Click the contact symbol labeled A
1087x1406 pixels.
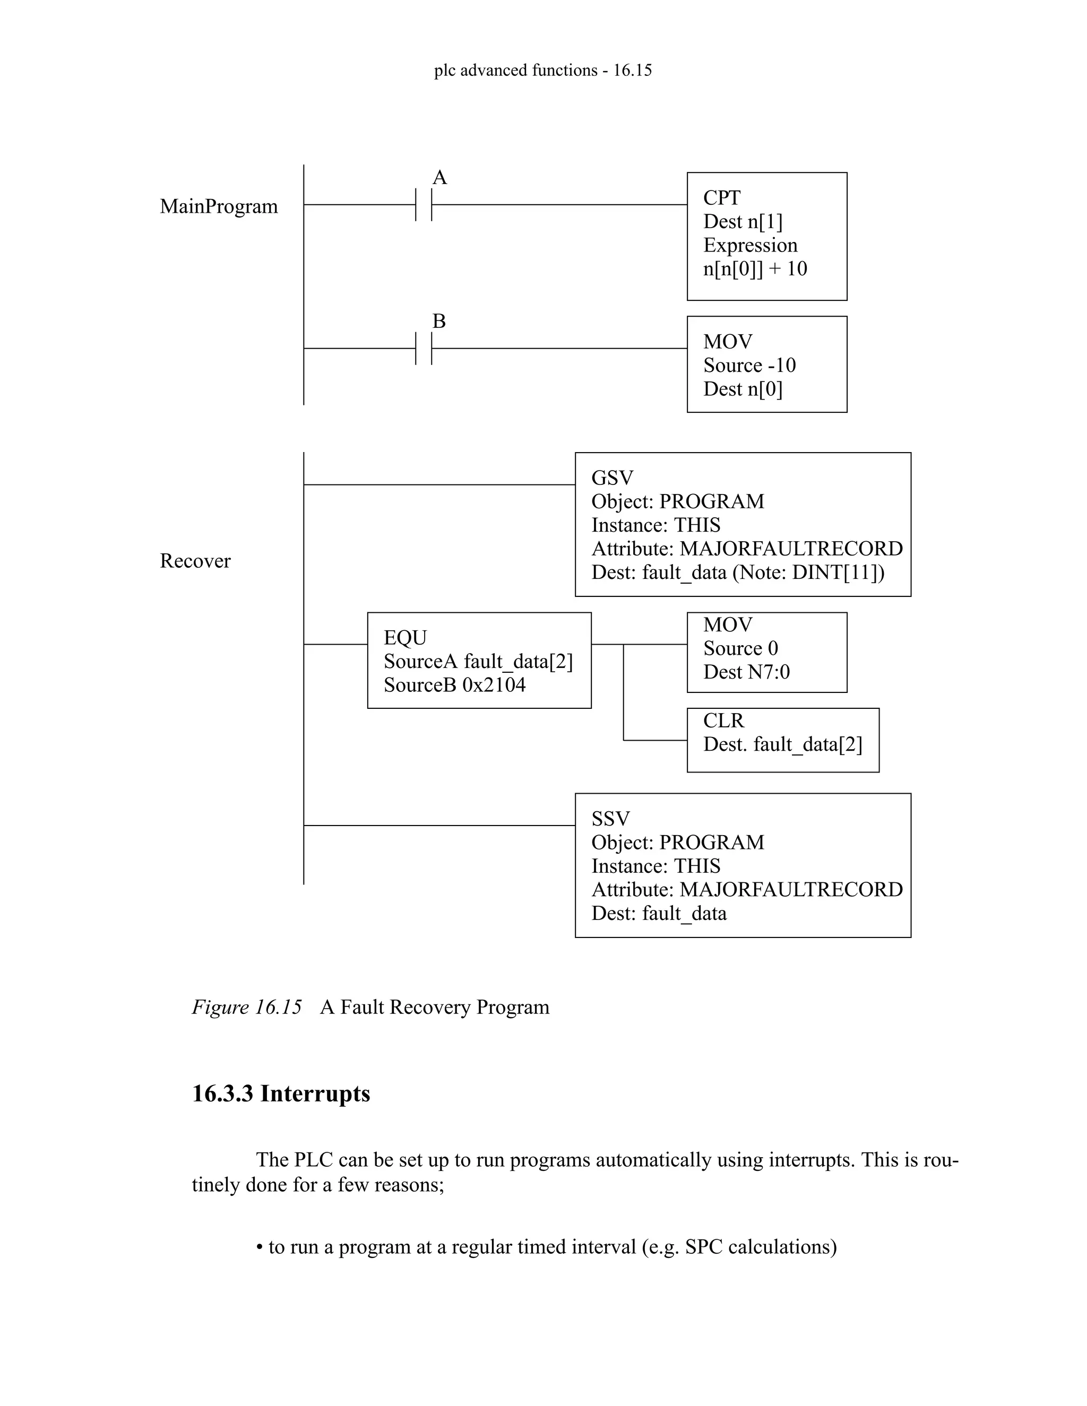[424, 205]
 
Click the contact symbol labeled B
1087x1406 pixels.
[424, 348]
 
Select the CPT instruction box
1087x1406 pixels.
[766, 236]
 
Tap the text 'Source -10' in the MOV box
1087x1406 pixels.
[749, 366]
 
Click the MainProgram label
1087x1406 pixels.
[219, 206]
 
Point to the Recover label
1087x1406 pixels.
[195, 561]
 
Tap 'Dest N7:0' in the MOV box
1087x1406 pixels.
[746, 672]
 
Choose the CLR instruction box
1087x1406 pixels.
[782, 740]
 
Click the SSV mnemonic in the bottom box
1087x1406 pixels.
[610, 819]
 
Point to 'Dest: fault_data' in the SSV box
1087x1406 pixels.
[659, 914]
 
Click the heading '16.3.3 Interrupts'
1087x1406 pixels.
[281, 1094]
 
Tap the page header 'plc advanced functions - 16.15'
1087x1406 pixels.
[543, 70]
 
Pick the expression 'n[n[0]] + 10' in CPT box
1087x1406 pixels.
[755, 269]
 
